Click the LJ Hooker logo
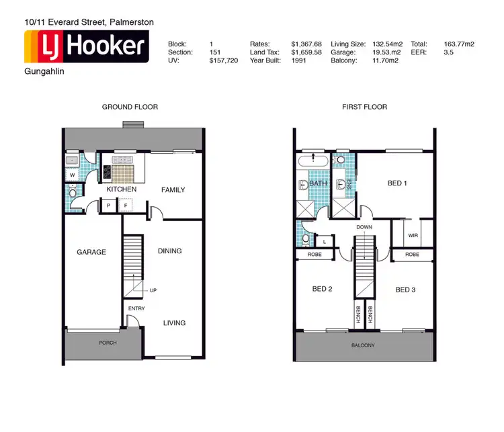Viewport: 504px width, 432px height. coord(86,46)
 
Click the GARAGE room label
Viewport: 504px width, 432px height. coord(91,253)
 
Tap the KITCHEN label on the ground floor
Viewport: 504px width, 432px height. coord(121,189)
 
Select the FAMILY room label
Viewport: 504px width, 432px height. coord(173,190)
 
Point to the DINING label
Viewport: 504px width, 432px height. coord(169,251)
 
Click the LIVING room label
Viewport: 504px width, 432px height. coord(174,323)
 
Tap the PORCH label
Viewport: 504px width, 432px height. coord(107,343)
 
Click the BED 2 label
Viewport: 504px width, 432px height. coord(323,290)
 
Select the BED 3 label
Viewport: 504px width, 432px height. coord(406,290)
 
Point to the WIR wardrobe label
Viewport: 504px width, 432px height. coord(414,236)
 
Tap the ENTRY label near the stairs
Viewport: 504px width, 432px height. coord(136,308)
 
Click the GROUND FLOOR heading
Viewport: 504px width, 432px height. coord(130,107)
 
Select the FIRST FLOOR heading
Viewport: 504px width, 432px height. coord(364,107)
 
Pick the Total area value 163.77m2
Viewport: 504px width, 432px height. coord(459,44)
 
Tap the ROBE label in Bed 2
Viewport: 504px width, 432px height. coord(314,255)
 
